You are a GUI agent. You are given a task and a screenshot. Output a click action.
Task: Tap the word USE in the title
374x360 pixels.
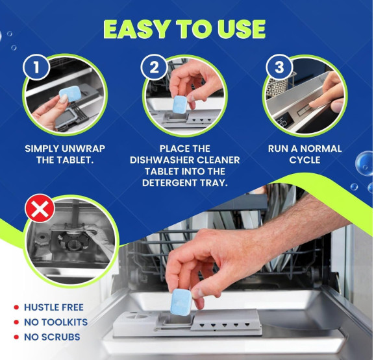click(241, 29)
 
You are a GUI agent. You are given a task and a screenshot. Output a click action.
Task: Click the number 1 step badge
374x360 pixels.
click(36, 67)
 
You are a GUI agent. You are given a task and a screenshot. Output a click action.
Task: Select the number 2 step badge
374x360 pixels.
click(154, 67)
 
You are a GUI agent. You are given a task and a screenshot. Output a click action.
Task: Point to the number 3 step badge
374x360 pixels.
click(279, 67)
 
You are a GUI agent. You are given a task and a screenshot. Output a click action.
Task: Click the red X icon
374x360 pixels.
click(40, 208)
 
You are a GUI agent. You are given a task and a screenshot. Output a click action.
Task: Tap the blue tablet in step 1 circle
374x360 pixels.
click(69, 94)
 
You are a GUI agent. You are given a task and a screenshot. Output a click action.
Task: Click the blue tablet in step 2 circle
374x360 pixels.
click(180, 104)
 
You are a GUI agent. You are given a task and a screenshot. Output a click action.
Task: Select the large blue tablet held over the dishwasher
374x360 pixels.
click(181, 302)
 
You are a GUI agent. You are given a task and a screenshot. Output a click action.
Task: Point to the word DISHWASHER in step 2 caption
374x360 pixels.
click(160, 160)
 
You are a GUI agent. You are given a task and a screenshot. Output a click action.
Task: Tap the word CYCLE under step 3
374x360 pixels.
click(305, 160)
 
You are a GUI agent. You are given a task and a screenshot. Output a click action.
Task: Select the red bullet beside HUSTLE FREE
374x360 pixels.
click(16, 307)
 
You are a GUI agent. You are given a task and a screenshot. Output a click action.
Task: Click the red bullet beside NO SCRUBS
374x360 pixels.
click(16, 337)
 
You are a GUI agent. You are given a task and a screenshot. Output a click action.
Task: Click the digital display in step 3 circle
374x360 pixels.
click(284, 119)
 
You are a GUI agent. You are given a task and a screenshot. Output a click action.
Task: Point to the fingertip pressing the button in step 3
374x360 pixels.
click(312, 105)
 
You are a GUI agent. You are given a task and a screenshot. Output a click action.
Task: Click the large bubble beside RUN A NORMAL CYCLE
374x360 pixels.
click(364, 163)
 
